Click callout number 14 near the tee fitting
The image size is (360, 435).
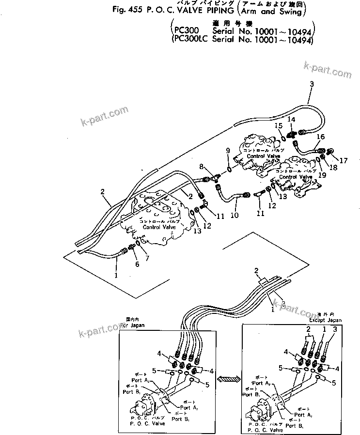coord(291,119)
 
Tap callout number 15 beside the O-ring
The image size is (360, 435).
coord(278,126)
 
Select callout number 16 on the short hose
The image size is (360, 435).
coord(320,137)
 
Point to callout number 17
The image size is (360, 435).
coord(329,160)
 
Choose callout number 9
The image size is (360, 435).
coord(228,152)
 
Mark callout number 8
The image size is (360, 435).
coord(202,167)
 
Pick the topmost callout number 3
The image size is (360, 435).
coord(312,84)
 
